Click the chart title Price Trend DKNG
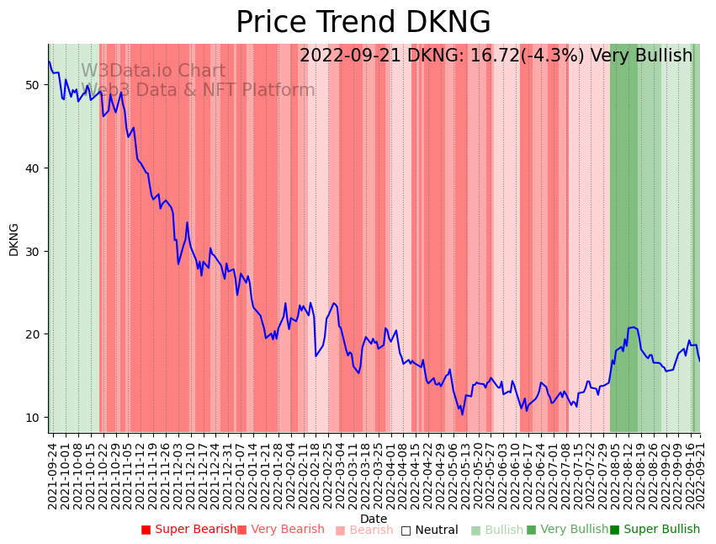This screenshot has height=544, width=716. pos(363,23)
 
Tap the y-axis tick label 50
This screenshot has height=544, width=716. pos(33,85)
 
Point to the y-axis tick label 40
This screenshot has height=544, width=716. pos(33,168)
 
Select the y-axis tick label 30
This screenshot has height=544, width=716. pos(33,252)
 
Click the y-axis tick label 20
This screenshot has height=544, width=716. pos(33,334)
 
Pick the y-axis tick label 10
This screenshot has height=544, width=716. pos(33,418)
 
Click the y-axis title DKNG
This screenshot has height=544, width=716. pos(13,239)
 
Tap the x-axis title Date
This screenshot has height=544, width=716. pos(374,520)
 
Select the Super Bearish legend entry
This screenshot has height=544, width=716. pos(189,530)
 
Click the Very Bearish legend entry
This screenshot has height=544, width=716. pos(281,530)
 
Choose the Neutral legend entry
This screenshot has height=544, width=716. pos(430,531)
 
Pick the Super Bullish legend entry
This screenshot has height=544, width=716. pos(655,530)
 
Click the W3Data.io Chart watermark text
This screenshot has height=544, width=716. pos(153,72)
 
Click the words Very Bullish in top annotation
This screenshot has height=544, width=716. pos(641,56)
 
